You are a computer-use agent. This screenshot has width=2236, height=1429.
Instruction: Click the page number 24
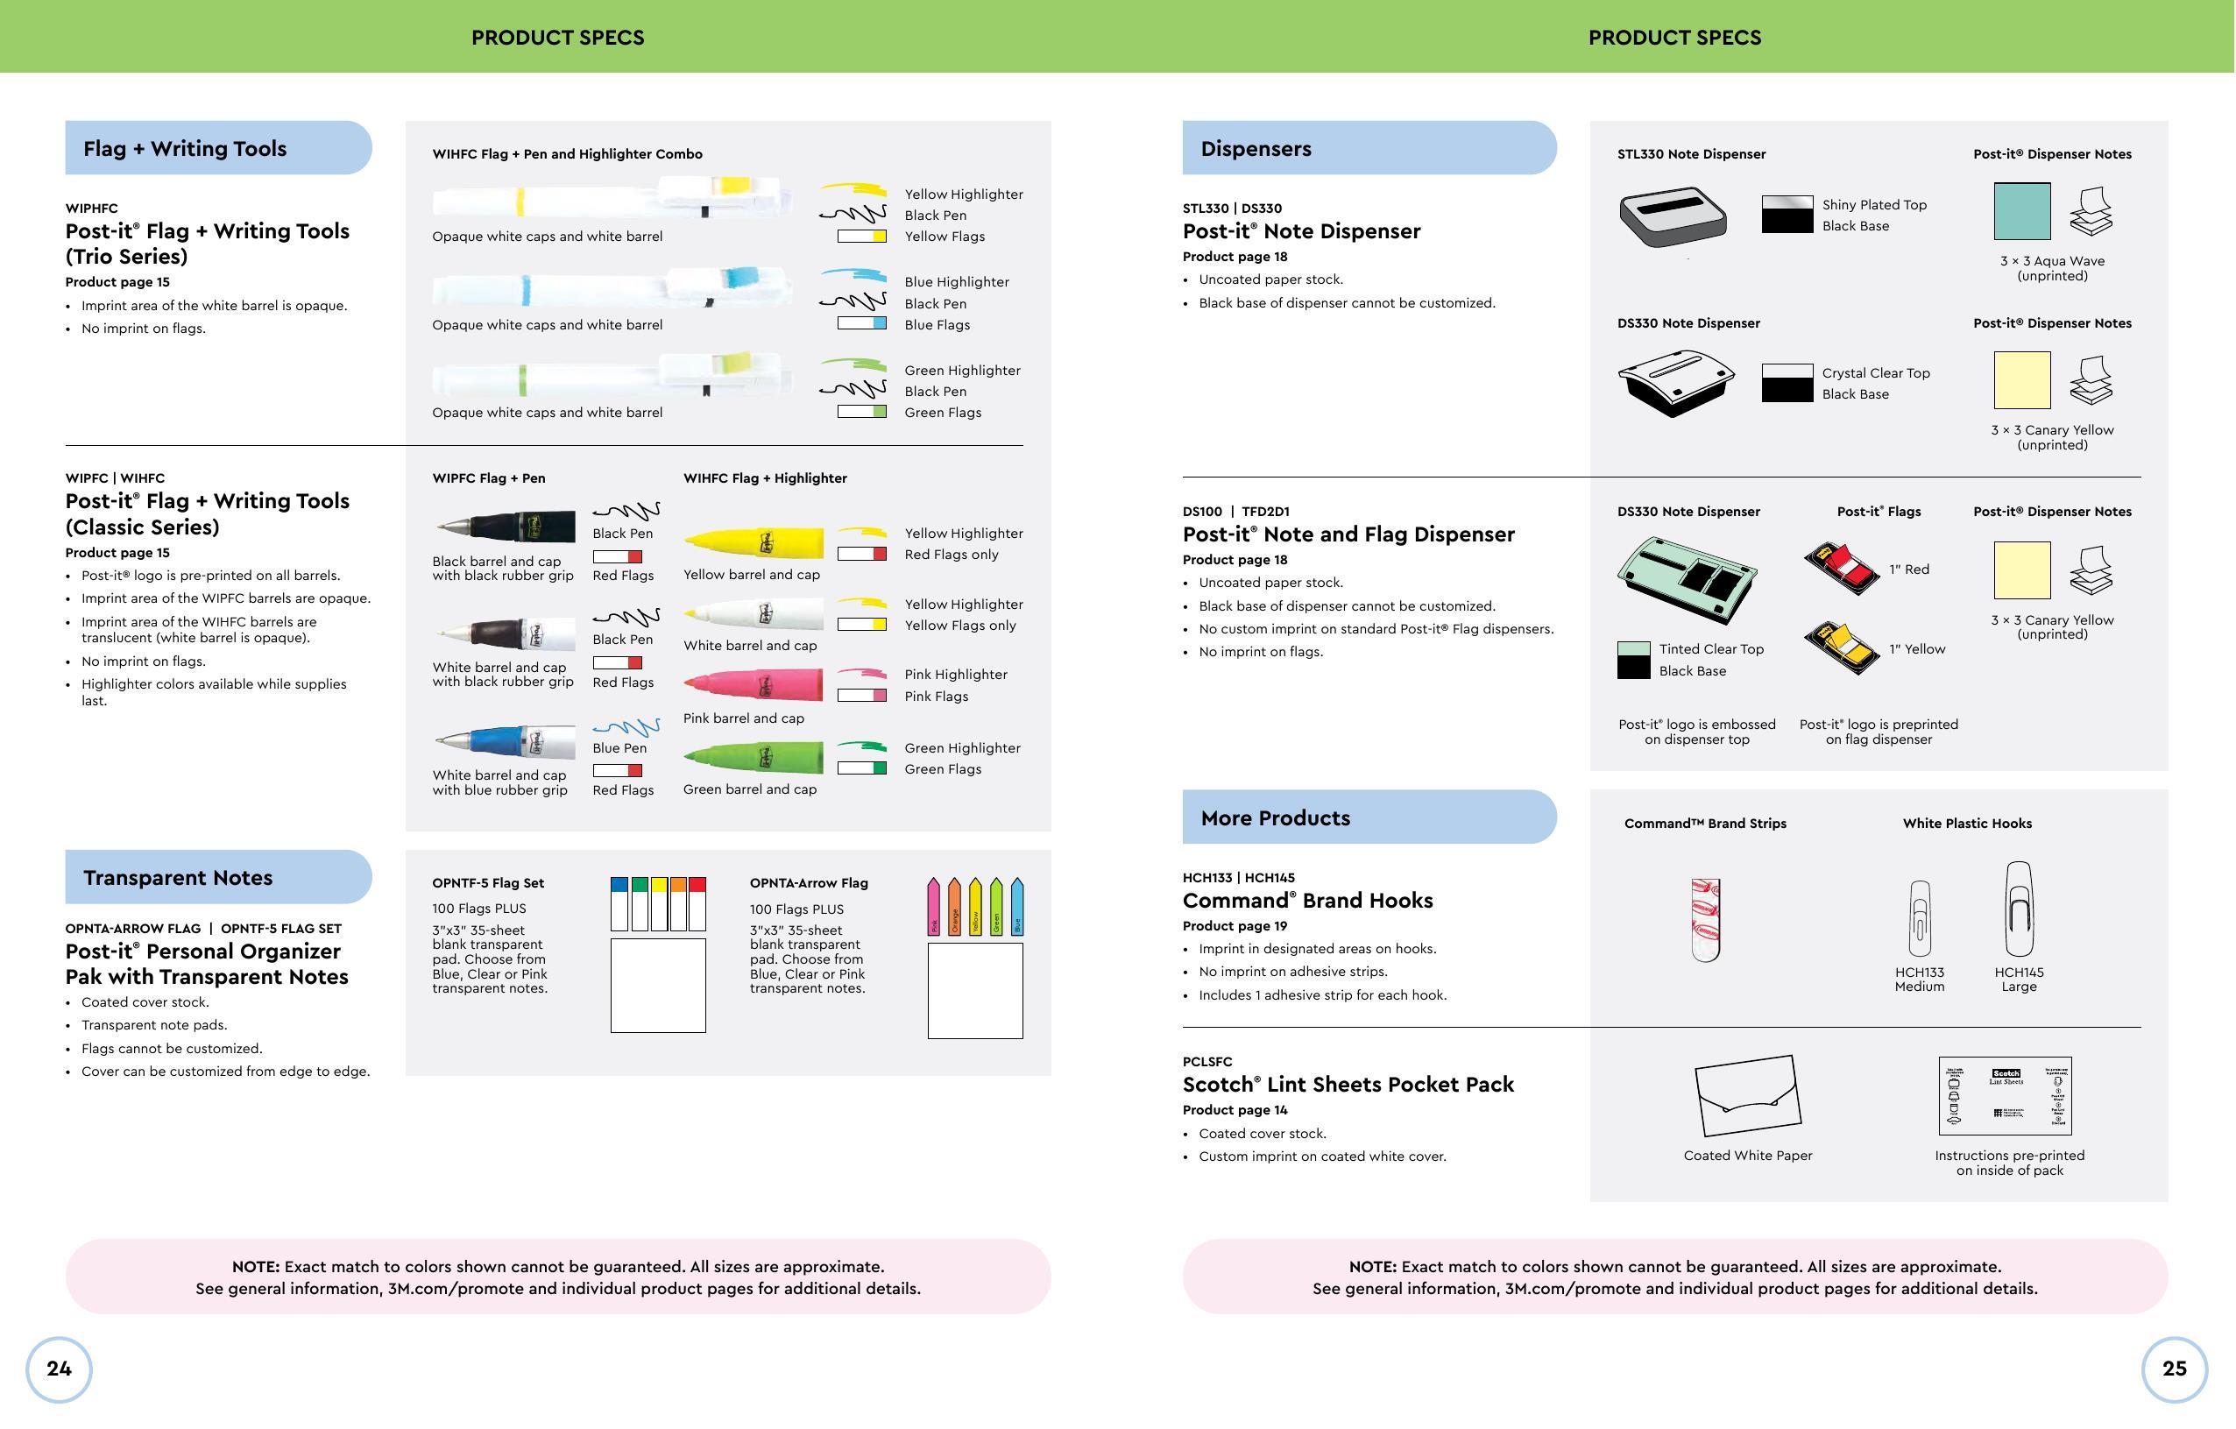click(x=59, y=1369)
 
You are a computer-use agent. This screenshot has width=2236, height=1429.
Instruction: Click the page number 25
click(x=2174, y=1369)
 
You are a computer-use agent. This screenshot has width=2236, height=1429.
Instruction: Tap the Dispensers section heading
click(x=1256, y=149)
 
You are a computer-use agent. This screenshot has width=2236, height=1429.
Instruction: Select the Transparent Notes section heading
click(x=178, y=877)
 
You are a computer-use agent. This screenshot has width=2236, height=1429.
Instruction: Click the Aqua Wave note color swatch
click(x=2021, y=212)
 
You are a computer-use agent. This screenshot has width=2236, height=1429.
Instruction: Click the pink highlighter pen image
click(x=753, y=685)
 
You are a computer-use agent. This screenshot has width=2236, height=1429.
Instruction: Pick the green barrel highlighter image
click(x=753, y=757)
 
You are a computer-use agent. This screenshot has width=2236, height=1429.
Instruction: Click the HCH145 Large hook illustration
click(x=2018, y=909)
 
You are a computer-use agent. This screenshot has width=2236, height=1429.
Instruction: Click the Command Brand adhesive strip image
click(x=1705, y=919)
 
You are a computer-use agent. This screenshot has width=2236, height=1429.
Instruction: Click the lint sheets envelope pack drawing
click(x=1748, y=1096)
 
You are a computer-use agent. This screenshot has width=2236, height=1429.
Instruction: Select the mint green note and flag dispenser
click(x=1687, y=578)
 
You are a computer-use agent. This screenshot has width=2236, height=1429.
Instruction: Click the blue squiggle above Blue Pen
click(x=626, y=727)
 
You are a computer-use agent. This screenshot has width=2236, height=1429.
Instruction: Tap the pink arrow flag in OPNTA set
click(x=934, y=906)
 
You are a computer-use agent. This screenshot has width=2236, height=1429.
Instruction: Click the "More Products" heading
click(x=1275, y=818)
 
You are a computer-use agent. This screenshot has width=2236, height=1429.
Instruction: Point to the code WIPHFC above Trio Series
click(x=92, y=208)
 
